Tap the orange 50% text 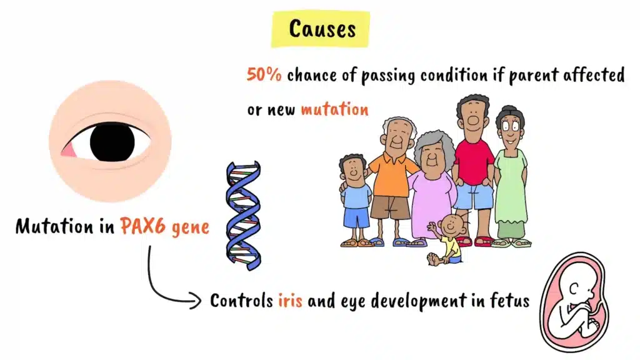(264, 76)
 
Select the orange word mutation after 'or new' (334, 109)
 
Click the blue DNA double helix (243, 216)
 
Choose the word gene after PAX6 (189, 227)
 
